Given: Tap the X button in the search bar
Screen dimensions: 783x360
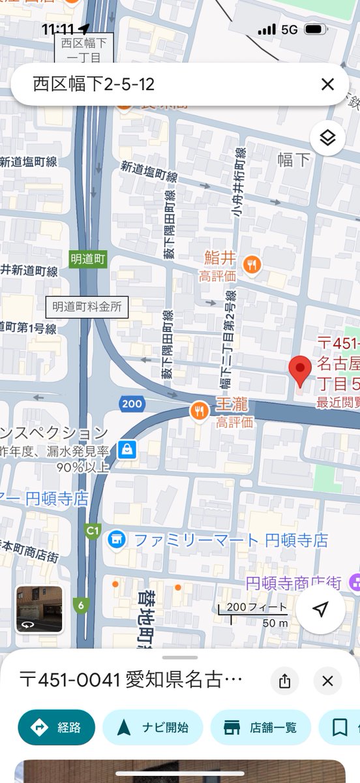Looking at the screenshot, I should click(327, 84).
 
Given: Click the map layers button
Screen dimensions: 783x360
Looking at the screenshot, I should click(327, 138).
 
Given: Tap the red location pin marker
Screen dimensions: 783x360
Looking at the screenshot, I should click(300, 371).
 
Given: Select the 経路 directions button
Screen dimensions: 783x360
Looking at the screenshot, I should click(57, 728).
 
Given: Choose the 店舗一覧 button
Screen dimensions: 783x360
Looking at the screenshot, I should click(260, 728).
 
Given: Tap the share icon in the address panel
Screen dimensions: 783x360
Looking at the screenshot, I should click(284, 681).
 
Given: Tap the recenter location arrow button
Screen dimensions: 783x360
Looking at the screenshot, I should click(320, 609).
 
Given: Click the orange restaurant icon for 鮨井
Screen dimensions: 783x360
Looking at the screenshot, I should click(252, 264).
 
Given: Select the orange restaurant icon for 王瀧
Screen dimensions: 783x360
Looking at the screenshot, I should click(199, 410).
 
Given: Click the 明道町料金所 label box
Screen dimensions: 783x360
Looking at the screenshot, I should click(87, 307).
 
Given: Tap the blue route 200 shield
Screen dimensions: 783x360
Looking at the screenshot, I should click(132, 404).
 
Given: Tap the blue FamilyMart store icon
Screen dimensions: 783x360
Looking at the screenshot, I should click(117, 540).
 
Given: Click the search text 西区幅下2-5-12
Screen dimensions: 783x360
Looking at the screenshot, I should click(93, 84).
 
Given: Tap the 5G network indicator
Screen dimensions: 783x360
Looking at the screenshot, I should click(289, 29).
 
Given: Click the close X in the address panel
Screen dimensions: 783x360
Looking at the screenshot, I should click(327, 681).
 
